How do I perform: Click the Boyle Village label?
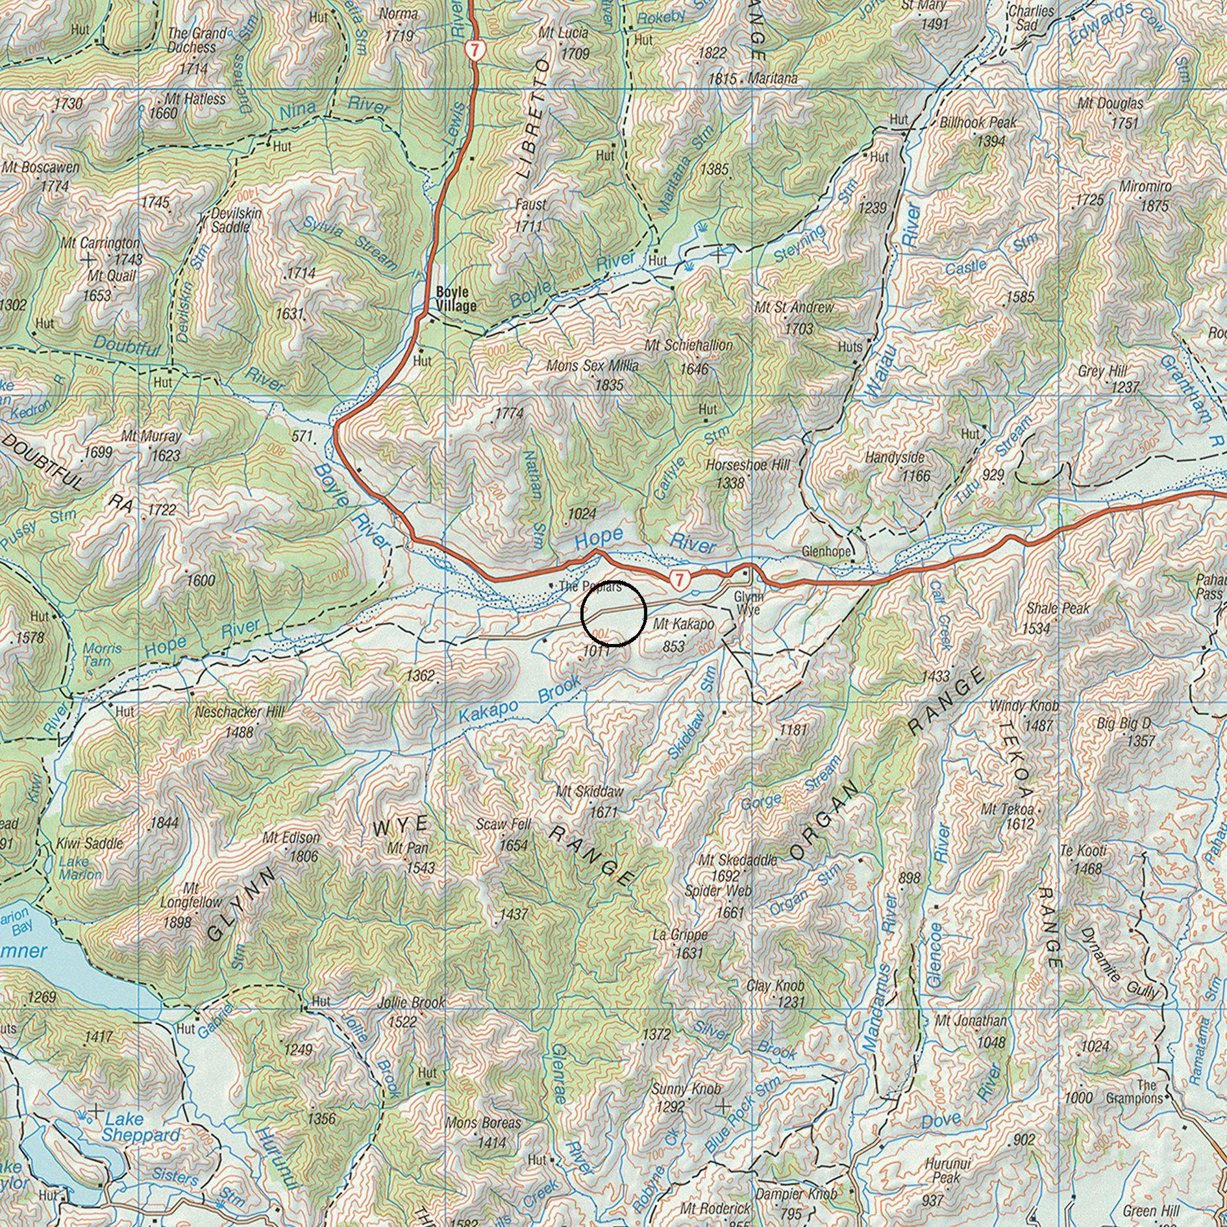456,299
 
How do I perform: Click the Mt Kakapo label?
684,625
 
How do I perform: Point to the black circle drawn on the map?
613,613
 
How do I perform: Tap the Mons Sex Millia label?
592,366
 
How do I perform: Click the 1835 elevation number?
609,385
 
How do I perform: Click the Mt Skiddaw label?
589,791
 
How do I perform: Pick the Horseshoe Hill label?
748,465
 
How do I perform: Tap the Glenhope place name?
826,552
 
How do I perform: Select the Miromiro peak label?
1145,187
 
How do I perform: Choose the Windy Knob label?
1024,706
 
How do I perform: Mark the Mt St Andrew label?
794,307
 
